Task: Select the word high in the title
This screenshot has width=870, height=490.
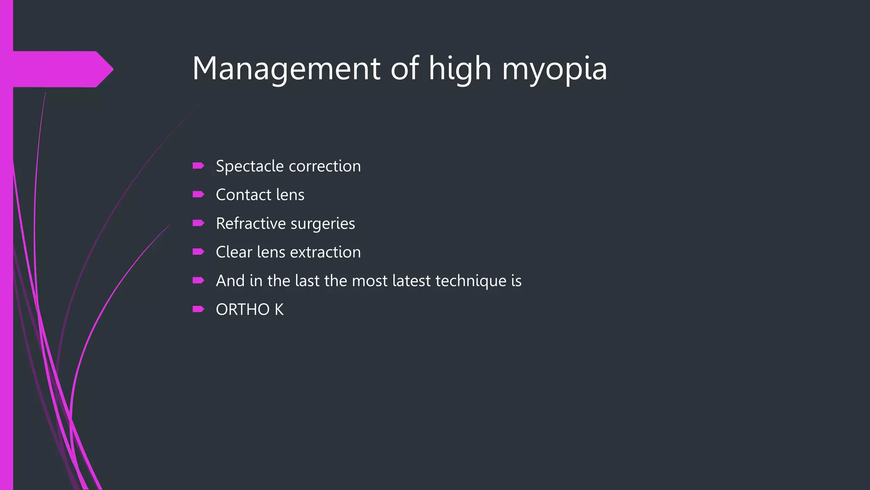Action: click(x=460, y=69)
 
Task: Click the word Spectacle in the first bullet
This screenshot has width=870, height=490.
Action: click(x=250, y=166)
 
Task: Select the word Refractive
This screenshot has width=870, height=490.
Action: click(x=251, y=223)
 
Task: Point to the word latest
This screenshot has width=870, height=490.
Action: click(x=411, y=281)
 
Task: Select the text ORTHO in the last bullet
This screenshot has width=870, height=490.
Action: click(x=243, y=310)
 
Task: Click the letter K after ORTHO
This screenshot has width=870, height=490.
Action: click(x=279, y=310)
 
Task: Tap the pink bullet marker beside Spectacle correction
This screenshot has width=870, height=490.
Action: click(x=198, y=166)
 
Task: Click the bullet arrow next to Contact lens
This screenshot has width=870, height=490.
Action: click(x=198, y=194)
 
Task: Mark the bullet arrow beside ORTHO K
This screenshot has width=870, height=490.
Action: click(x=198, y=309)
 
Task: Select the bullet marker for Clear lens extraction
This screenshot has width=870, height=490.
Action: click(x=198, y=252)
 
